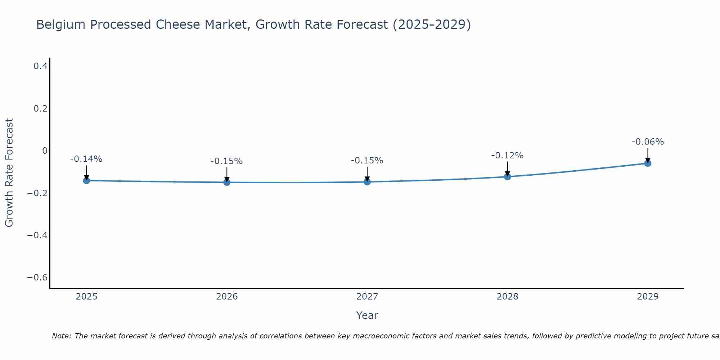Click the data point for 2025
pos(86,180)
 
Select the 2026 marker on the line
pos(227,182)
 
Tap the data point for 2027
pos(367,182)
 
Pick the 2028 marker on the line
pos(507,176)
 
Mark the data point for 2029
pos(648,163)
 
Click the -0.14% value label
pos(86,159)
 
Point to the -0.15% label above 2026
pos(227,161)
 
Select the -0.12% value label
pos(507,156)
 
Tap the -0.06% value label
pos(648,142)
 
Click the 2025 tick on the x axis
pos(87,297)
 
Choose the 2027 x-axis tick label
pos(367,297)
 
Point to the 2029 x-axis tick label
pos(648,297)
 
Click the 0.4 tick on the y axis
pos(40,66)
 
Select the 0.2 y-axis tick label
pos(40,108)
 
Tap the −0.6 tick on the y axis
pos(37,278)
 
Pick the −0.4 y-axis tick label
pos(37,235)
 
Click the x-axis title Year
pos(367,315)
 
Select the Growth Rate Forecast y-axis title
pos(9,173)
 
